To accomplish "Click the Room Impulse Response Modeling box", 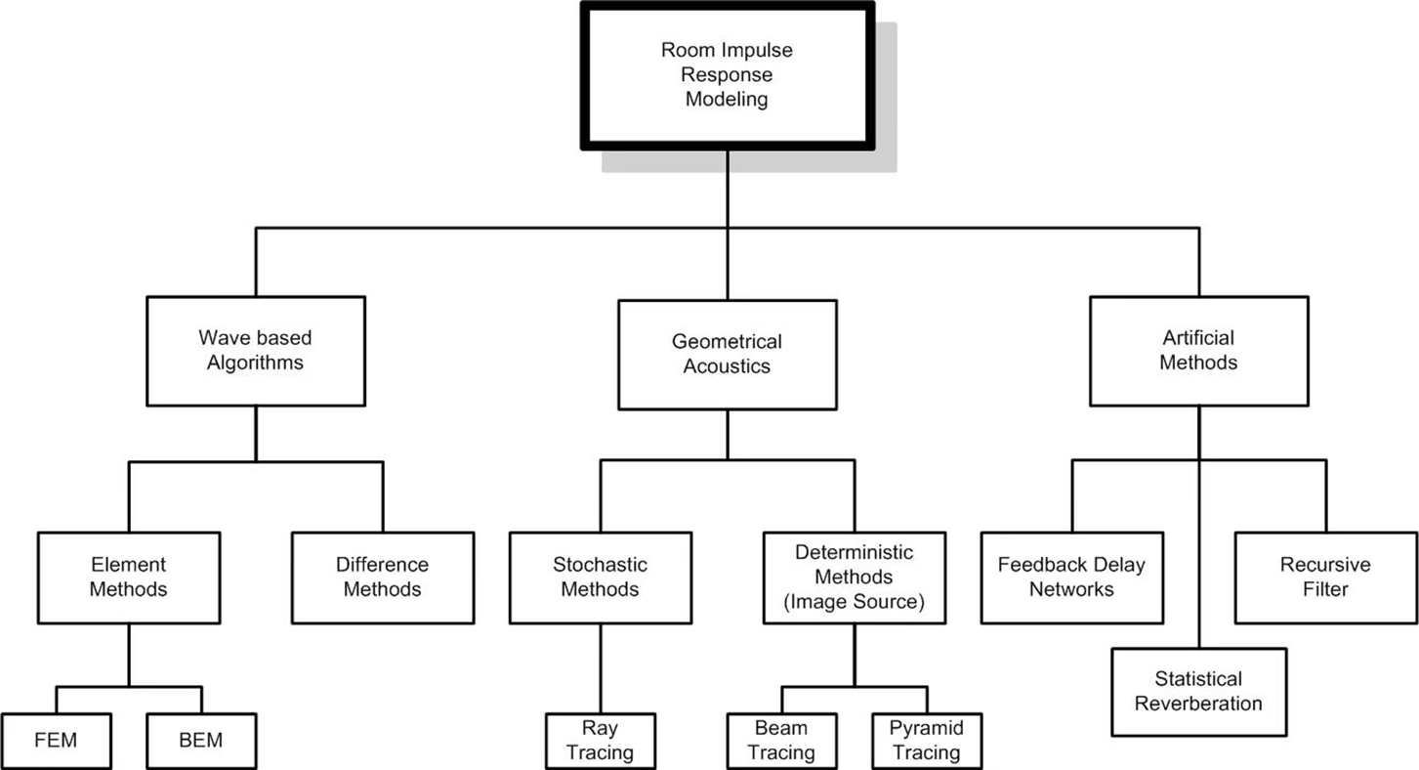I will (727, 75).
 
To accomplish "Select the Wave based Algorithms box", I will (256, 352).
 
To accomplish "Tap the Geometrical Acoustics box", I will (727, 355).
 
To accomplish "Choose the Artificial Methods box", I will (1199, 351).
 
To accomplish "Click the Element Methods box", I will (129, 577).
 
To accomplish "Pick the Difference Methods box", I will (383, 577).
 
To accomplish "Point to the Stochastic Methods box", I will (600, 577).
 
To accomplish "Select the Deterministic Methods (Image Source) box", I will (855, 577).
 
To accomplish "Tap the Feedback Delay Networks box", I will (1071, 577).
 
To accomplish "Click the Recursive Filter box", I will (1326, 577).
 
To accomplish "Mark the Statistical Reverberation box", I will (1199, 691).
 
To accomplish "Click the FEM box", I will (56, 741).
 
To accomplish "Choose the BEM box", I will (201, 741).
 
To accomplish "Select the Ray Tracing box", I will (600, 741).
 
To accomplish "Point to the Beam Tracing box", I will (782, 741).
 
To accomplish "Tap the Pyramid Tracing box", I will (926, 741).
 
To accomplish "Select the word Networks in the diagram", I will (1071, 589).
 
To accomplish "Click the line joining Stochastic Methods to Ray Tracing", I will (600, 668).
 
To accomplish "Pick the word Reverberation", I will (1199, 704).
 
